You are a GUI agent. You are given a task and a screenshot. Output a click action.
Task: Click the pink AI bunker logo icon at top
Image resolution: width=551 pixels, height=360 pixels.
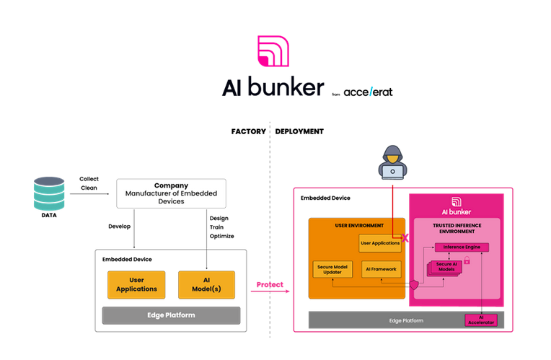tap(275, 51)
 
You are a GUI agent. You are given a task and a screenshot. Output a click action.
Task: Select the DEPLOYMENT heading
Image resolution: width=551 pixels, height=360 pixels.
tap(299, 132)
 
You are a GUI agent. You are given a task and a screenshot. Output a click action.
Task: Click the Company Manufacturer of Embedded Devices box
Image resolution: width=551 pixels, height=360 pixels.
tap(171, 193)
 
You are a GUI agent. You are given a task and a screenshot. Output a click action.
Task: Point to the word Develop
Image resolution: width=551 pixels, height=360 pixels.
tap(120, 226)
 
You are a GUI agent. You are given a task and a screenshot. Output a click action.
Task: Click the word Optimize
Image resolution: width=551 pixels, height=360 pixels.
tap(221, 237)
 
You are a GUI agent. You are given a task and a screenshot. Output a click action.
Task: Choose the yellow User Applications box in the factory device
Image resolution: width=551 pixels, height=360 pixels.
tap(136, 285)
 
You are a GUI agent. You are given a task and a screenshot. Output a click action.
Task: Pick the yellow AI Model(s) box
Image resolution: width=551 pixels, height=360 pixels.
tap(208, 285)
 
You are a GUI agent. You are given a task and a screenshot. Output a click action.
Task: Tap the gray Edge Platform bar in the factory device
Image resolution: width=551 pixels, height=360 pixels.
tap(172, 315)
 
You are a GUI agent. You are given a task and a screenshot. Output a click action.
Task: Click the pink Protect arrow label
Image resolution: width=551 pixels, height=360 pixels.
tap(270, 285)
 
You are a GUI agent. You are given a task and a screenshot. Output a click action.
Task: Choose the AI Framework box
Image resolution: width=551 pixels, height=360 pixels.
tap(380, 268)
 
